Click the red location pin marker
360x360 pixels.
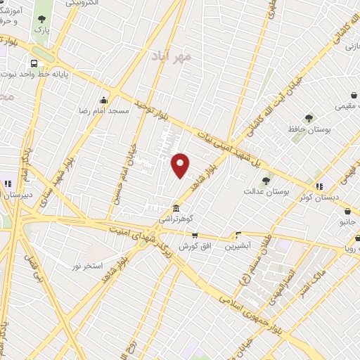click(180, 165)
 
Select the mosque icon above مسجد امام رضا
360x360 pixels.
click(104, 99)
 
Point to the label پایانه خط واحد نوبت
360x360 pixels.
click(35, 73)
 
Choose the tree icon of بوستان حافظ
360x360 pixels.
click(309, 118)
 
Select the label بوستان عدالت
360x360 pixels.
click(262, 191)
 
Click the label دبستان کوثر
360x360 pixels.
click(319, 197)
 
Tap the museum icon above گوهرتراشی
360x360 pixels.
click(176, 209)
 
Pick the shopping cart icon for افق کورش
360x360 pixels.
click(195, 236)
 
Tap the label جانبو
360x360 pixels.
click(349, 221)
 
